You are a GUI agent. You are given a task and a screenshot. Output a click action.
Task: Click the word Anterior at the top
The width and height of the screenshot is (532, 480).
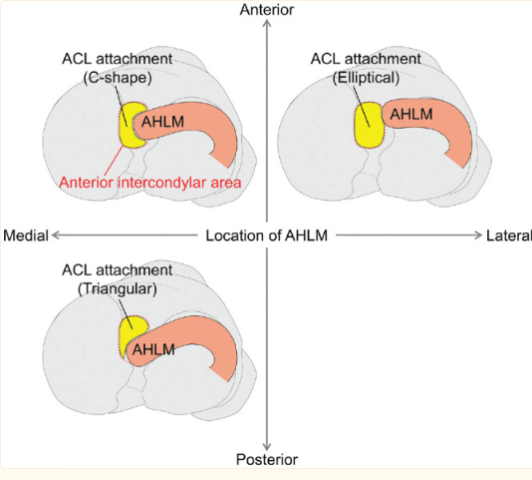pyautogui.click(x=266, y=9)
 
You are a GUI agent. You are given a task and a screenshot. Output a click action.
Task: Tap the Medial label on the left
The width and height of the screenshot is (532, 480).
pyautogui.click(x=26, y=236)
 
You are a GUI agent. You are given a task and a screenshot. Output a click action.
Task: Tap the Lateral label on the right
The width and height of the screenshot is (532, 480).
pyautogui.click(x=508, y=236)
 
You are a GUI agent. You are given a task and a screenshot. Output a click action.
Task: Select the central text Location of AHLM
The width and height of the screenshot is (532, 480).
pyautogui.click(x=266, y=236)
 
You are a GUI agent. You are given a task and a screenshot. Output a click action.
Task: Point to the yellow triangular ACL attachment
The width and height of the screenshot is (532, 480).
pyautogui.click(x=130, y=335)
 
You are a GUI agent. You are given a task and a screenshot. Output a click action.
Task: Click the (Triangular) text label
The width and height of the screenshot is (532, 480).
pyautogui.click(x=118, y=288)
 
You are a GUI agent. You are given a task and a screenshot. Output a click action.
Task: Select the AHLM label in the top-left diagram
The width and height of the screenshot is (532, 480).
pyautogui.click(x=163, y=121)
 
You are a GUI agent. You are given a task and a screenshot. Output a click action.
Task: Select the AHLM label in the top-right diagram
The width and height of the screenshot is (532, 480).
pyautogui.click(x=410, y=114)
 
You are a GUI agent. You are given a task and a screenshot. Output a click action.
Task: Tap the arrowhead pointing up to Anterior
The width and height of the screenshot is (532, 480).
pyautogui.click(x=266, y=24)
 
